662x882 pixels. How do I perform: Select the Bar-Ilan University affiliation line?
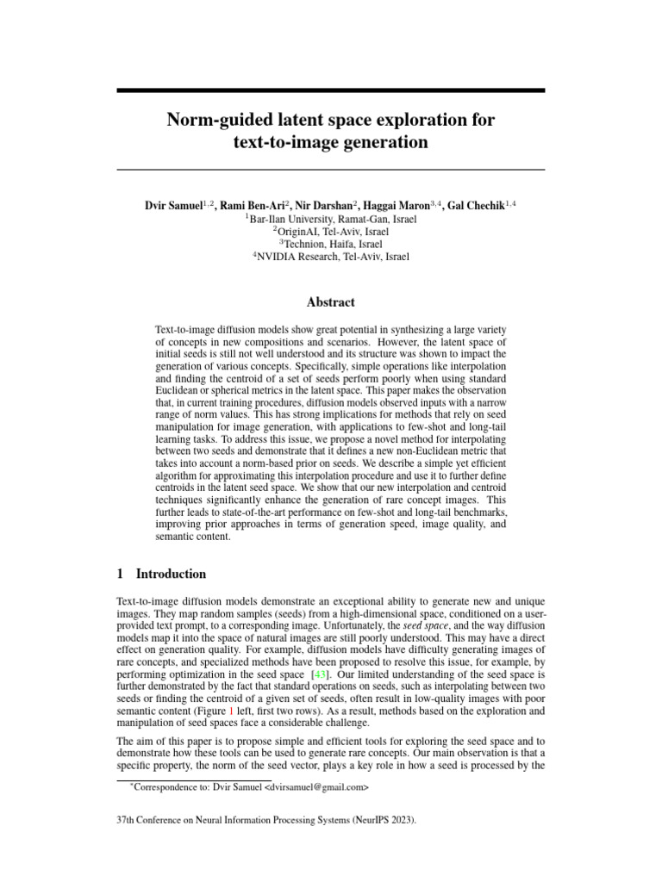[x=331, y=219]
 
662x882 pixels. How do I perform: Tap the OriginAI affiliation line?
[x=331, y=231]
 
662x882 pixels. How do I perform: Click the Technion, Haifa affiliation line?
[x=331, y=244]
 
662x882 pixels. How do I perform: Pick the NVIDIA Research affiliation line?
[x=331, y=256]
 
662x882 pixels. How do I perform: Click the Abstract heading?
[x=331, y=302]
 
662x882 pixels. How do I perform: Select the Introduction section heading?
[x=171, y=574]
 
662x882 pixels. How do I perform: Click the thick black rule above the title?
[x=331, y=90]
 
